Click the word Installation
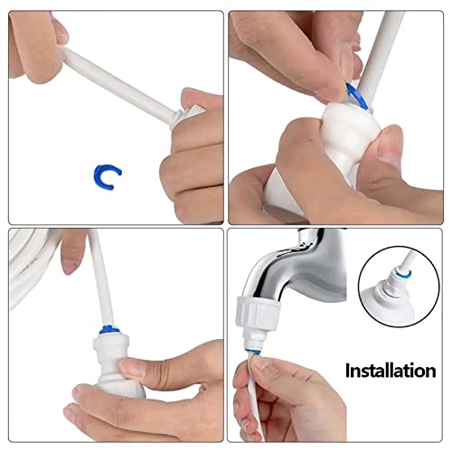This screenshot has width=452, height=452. click(390, 370)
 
